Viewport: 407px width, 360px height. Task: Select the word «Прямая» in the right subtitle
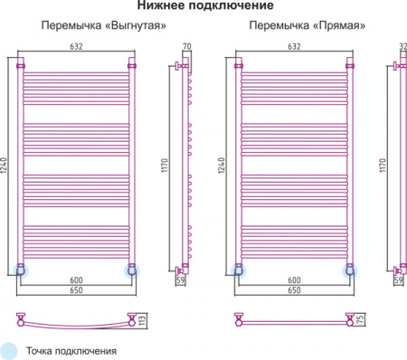pos(345,26)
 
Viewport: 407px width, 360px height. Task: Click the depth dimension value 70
pos(187,46)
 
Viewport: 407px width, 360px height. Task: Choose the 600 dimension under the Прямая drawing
pos(293,281)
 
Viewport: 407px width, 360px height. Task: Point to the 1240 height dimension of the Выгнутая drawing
pos(7,166)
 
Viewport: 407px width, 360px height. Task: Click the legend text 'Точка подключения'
pos(72,350)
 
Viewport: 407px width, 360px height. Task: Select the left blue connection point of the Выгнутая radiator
pos(22,269)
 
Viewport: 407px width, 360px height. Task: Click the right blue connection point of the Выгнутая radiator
pos(133,269)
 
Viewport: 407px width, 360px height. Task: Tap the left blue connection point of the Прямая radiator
pos(238,269)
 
